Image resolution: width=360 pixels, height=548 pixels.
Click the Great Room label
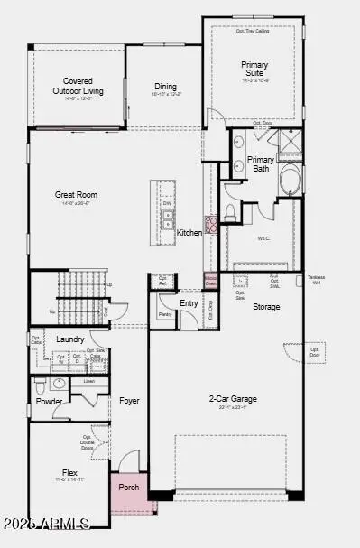click(76, 195)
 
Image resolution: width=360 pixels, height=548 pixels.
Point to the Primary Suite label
click(254, 70)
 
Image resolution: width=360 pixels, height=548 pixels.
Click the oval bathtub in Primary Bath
click(292, 181)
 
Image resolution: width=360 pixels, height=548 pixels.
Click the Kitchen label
click(189, 233)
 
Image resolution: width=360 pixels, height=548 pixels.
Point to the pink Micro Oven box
click(210, 280)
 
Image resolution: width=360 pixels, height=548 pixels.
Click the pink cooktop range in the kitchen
click(213, 225)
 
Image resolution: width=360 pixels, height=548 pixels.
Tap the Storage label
click(266, 307)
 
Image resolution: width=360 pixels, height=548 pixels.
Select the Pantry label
click(165, 314)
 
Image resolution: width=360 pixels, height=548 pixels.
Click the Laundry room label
click(69, 339)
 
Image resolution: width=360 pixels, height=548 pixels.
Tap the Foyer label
click(129, 400)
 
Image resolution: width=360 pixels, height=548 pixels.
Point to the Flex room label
click(69, 472)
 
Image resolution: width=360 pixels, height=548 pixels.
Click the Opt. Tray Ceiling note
click(254, 31)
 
